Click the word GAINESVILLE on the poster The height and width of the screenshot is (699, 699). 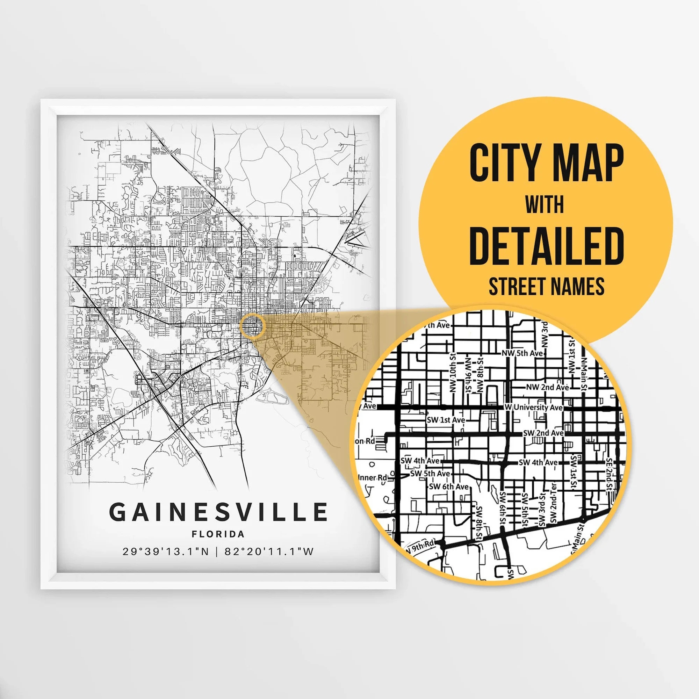click(218, 512)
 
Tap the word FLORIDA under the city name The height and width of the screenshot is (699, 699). click(218, 534)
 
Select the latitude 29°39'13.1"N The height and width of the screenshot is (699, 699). click(166, 552)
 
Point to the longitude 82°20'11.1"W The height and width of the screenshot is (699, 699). click(269, 552)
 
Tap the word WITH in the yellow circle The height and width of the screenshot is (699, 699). click(545, 204)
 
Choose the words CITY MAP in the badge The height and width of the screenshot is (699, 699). click(546, 163)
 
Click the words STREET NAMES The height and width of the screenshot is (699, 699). click(546, 287)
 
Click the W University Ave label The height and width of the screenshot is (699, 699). click(534, 408)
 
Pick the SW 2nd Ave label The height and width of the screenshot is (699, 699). click(543, 433)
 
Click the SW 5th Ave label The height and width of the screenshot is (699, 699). click(430, 474)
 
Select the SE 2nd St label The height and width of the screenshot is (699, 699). click(609, 474)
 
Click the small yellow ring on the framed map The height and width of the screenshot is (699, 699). click(252, 326)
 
